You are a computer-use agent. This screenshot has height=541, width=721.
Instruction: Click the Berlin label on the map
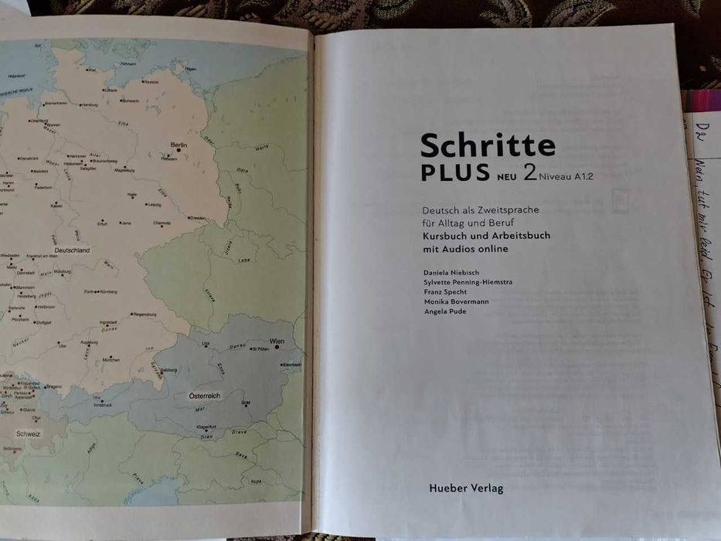coord(179,145)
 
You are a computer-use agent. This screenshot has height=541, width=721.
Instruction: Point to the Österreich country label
coord(205,395)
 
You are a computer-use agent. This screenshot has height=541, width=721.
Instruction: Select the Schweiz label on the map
coord(28,434)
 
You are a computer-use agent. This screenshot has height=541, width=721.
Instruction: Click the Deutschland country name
coord(73,250)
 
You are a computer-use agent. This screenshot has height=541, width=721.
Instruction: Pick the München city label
coord(111,360)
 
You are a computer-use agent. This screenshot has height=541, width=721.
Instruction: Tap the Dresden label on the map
coord(198,218)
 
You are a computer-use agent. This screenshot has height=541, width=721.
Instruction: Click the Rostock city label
coord(151,81)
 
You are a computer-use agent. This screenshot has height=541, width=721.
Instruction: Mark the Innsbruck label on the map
coord(103,404)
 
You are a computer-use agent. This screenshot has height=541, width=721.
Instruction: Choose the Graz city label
coord(246,403)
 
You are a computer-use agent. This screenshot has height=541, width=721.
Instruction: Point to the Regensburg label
coord(145,315)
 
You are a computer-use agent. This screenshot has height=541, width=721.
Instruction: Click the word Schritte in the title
coord(488,145)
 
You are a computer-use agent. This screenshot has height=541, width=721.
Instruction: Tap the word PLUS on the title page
coord(455,173)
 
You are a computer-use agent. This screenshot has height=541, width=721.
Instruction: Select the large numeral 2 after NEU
coord(530,172)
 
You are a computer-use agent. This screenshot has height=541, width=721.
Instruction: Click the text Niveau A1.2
coord(572,178)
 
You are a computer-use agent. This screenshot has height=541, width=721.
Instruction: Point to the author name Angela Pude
coord(445,311)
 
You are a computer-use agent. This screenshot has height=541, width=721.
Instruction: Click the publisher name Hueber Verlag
coord(465,488)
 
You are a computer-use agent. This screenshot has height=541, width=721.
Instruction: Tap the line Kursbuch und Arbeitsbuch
coord(486,235)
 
